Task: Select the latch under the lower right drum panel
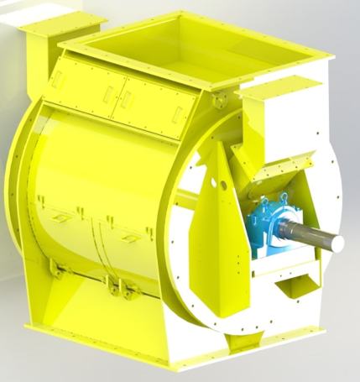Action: [x=125, y=290]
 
